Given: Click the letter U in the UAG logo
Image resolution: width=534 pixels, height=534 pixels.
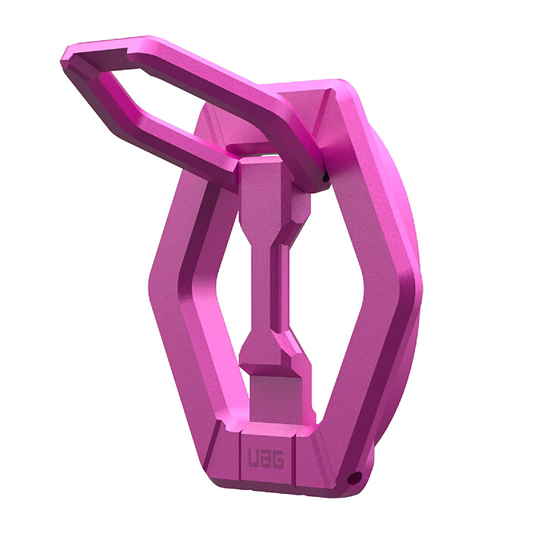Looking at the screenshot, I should point(253,458).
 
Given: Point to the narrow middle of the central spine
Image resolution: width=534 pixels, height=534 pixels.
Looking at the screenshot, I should point(261,280).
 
